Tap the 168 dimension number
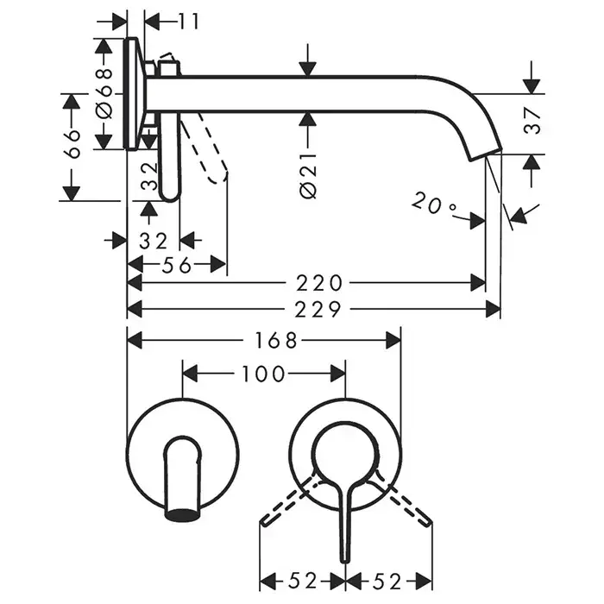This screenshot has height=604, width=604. pos(275,341)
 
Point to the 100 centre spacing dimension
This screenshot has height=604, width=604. pos(263,374)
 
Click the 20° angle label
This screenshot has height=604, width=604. pos(434,205)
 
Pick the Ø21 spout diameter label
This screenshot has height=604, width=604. pos(308,178)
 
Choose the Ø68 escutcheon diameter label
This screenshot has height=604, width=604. pos(104,93)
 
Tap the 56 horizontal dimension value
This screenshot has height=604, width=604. pos(176,265)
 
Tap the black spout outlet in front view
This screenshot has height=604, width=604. pos(184,514)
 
